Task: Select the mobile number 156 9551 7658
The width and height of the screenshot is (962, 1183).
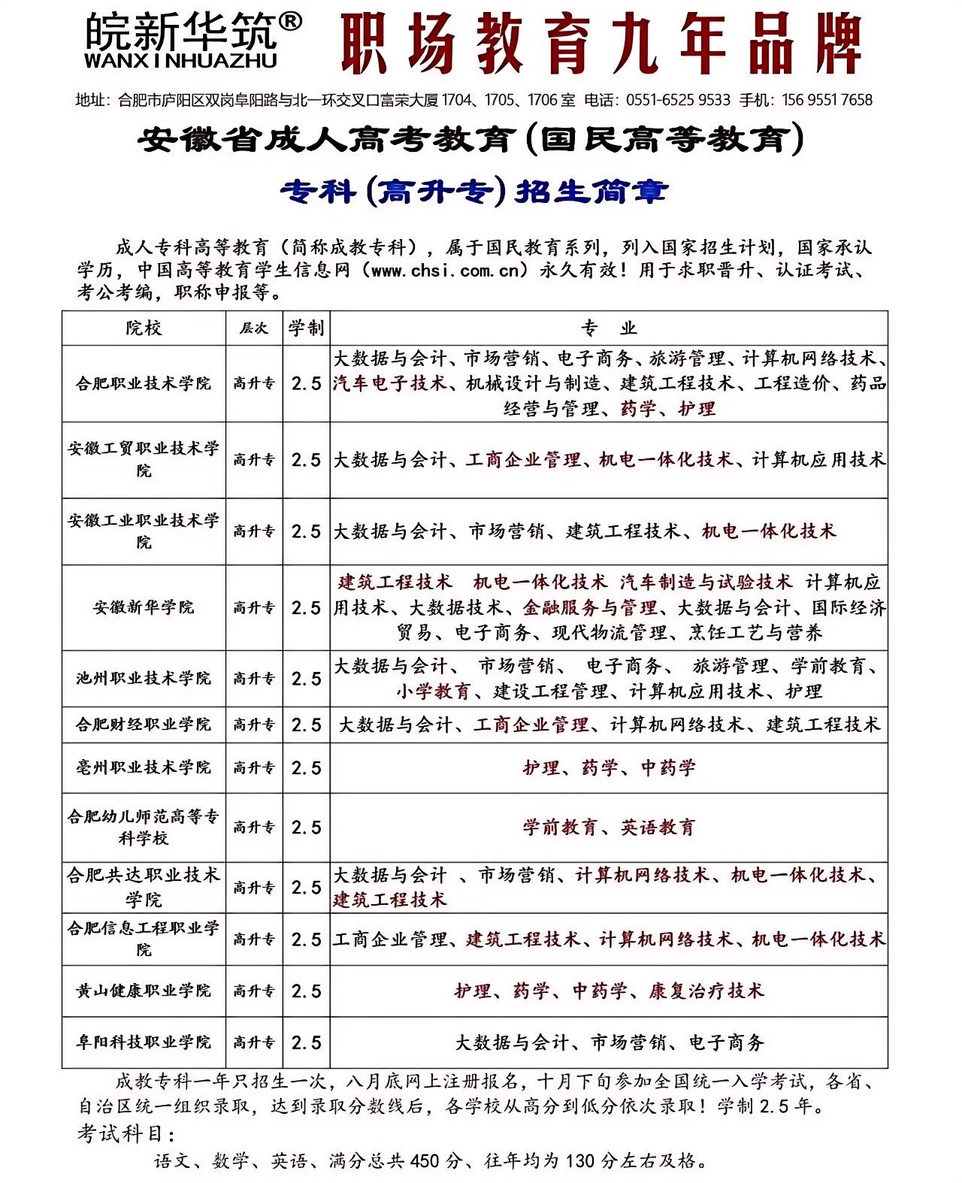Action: [x=827, y=100]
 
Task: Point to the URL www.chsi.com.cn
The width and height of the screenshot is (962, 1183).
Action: [x=445, y=271]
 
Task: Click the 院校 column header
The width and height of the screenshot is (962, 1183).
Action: [x=144, y=328]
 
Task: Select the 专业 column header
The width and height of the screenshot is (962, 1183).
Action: [x=608, y=328]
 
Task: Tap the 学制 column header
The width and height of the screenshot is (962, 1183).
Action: [x=306, y=328]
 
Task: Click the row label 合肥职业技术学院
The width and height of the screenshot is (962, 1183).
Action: [x=144, y=383]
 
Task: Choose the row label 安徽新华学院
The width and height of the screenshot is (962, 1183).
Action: [x=144, y=607]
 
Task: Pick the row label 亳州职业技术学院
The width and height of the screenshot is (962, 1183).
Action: [x=144, y=767]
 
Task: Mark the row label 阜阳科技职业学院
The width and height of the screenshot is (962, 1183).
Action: [x=144, y=1042]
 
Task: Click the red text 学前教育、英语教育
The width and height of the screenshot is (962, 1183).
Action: [x=609, y=827]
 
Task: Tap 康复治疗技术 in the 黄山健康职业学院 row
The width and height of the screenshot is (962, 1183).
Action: [x=706, y=991]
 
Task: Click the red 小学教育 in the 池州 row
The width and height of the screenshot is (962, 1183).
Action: [x=434, y=691]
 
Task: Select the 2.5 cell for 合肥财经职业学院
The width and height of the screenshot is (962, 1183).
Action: [x=306, y=725]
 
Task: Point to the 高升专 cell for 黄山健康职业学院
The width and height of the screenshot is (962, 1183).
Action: [x=253, y=991]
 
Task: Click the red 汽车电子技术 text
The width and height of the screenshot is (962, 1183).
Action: [x=390, y=383]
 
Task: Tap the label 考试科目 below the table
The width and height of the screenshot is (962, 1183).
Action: [x=126, y=1133]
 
